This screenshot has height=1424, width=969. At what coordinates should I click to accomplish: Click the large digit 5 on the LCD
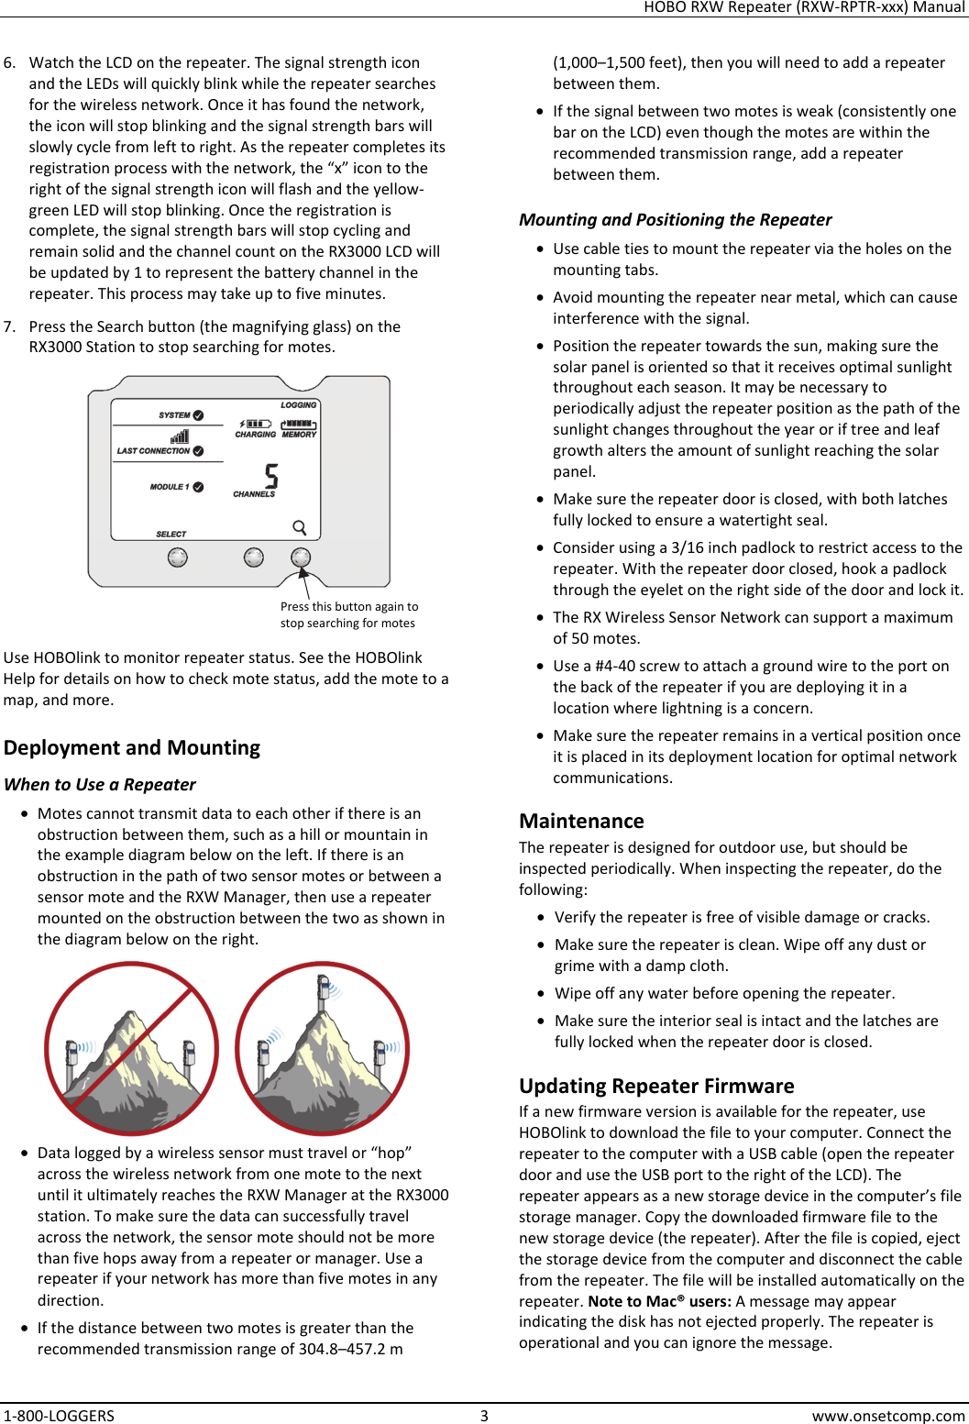click(x=271, y=476)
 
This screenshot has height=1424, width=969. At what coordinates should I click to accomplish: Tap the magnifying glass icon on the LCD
click(x=300, y=527)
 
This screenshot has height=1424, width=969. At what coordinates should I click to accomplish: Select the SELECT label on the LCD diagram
click(x=171, y=534)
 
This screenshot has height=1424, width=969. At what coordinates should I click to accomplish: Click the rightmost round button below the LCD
click(x=301, y=557)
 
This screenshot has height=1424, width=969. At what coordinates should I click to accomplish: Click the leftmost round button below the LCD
click(x=178, y=557)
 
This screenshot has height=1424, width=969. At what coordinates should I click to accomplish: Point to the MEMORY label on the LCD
click(x=299, y=435)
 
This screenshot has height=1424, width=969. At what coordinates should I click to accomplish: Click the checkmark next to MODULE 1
click(x=199, y=487)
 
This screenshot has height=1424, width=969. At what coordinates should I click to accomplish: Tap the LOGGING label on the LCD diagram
click(x=298, y=404)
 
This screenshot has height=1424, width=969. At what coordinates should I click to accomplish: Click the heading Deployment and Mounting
click(x=132, y=747)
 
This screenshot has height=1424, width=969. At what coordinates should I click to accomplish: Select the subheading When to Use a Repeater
click(x=100, y=784)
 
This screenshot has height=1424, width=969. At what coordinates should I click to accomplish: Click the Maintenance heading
click(x=581, y=821)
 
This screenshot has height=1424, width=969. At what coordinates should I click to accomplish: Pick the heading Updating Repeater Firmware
click(x=656, y=1086)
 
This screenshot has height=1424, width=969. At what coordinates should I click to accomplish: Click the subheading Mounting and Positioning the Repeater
click(x=675, y=219)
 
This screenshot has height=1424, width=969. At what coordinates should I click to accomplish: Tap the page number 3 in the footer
click(x=484, y=1415)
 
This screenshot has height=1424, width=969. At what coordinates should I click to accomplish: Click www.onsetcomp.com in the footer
click(x=887, y=1415)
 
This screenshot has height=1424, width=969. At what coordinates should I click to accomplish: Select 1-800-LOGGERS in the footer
click(x=59, y=1415)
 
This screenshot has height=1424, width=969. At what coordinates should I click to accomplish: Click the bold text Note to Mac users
click(x=659, y=1301)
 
